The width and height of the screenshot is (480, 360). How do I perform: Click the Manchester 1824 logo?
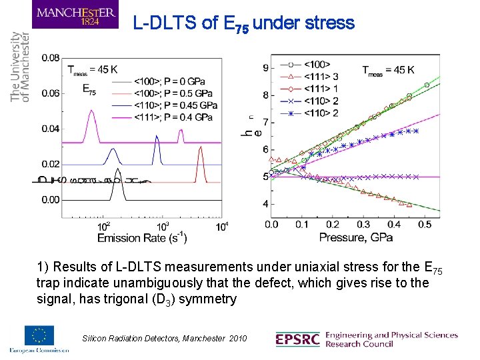pyautogui.click(x=75, y=15)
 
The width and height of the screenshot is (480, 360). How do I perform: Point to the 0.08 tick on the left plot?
pyautogui.click(x=51, y=58)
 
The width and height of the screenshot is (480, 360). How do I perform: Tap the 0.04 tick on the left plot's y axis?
pyautogui.click(x=51, y=129)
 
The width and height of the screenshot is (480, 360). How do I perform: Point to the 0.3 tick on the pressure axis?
pyautogui.click(x=364, y=225)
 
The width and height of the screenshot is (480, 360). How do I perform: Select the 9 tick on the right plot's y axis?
pyautogui.click(x=265, y=67)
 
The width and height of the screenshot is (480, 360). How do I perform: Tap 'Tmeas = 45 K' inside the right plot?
pyautogui.click(x=389, y=69)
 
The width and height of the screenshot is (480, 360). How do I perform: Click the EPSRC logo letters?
pyautogui.click(x=297, y=339)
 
